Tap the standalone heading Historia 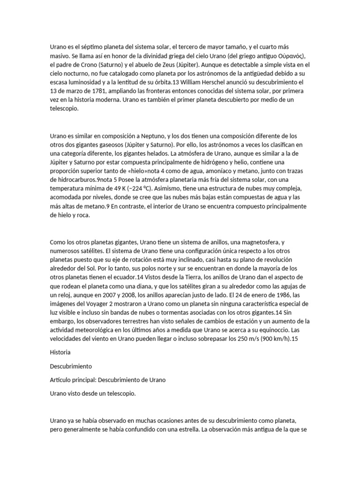click(x=60, y=351)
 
